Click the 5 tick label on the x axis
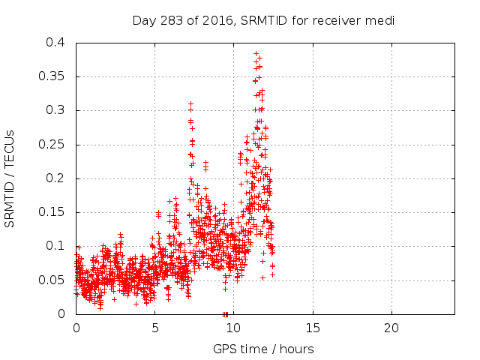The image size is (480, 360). tap(154, 328)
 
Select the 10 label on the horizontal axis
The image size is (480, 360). tap(233, 328)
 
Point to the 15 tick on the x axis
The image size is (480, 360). tap(312, 328)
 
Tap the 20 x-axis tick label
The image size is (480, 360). tap(391, 328)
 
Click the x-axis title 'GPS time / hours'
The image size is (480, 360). tap(263, 349)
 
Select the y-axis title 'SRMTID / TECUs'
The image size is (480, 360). tap(10, 178)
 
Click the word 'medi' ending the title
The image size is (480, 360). tap(380, 20)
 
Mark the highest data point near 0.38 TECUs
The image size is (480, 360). tap(256, 54)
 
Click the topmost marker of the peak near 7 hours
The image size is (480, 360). tap(190, 103)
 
